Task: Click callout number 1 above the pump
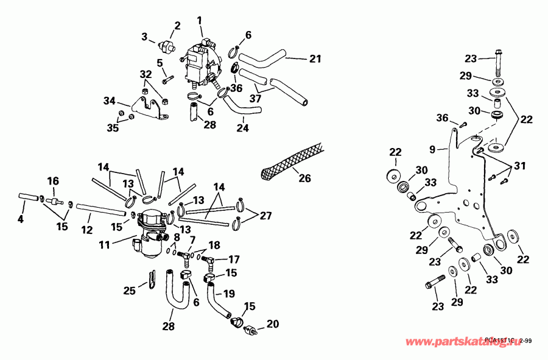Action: (200, 21)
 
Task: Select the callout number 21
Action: (314, 59)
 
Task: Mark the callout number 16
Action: (53, 182)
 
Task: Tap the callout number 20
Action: (272, 323)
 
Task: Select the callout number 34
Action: (109, 100)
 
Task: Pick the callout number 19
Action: (229, 294)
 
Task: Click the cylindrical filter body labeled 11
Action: (149, 235)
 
